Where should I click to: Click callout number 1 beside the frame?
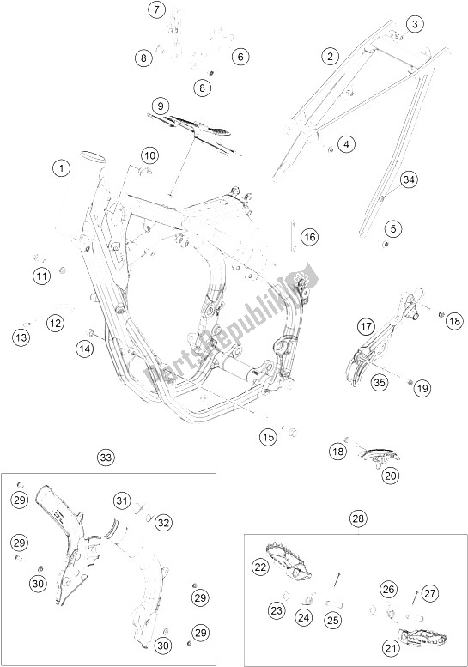click(x=61, y=168)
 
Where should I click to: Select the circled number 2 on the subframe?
click(x=328, y=57)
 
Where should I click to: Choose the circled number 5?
click(x=393, y=228)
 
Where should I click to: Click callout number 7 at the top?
click(x=155, y=10)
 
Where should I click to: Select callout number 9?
click(x=158, y=106)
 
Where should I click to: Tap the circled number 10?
click(x=149, y=155)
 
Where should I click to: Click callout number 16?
click(x=285, y=236)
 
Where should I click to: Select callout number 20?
click(x=391, y=475)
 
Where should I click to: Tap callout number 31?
click(x=121, y=500)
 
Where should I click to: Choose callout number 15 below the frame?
click(x=270, y=438)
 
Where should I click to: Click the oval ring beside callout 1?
click(x=92, y=155)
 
